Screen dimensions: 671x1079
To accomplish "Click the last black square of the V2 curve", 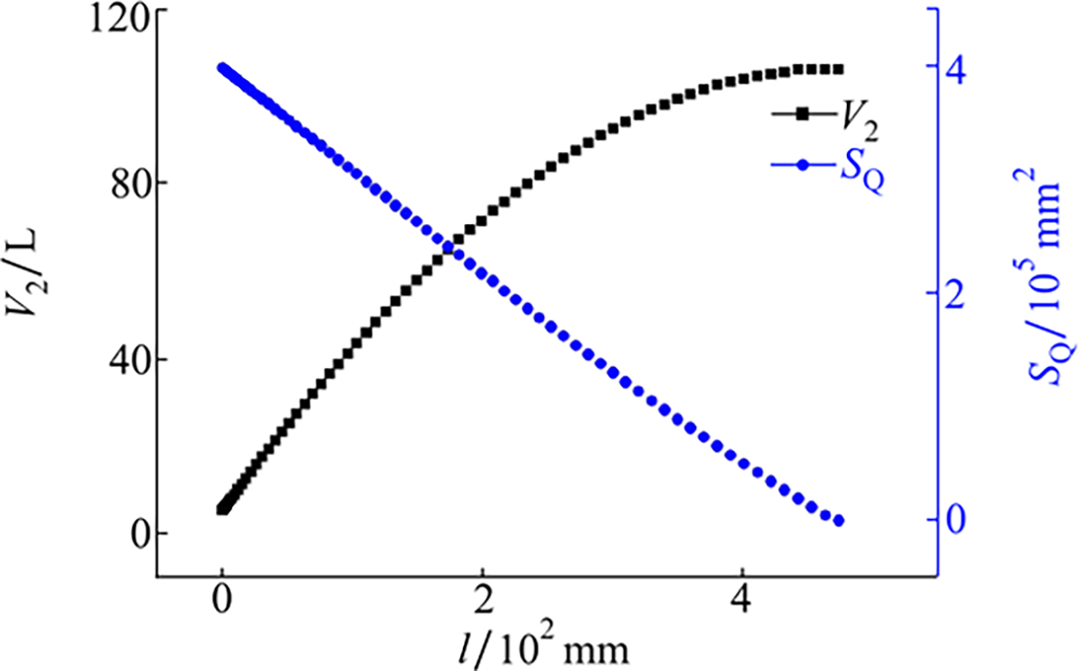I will tap(838, 69).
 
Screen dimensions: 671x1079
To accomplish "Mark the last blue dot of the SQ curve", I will tap(839, 521).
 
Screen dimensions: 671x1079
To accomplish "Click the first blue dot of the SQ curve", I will tap(223, 68).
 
